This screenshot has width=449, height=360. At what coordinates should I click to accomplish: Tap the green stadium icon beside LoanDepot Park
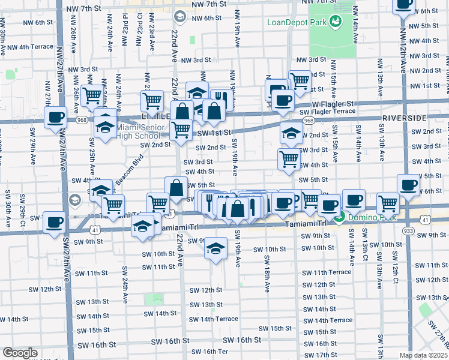tap(336, 23)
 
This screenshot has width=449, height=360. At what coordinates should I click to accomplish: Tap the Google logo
tap(19, 353)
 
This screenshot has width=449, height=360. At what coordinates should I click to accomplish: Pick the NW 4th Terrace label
tap(28, 46)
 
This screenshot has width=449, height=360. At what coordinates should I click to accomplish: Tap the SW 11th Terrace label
tap(327, 272)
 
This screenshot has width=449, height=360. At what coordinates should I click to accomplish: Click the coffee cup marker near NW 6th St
tap(403, 5)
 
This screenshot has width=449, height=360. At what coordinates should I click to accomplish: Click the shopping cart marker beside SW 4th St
tap(289, 159)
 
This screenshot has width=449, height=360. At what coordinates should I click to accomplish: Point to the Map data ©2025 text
tap(423, 355)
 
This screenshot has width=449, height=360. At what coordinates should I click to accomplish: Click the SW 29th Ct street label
tap(23, 205)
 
